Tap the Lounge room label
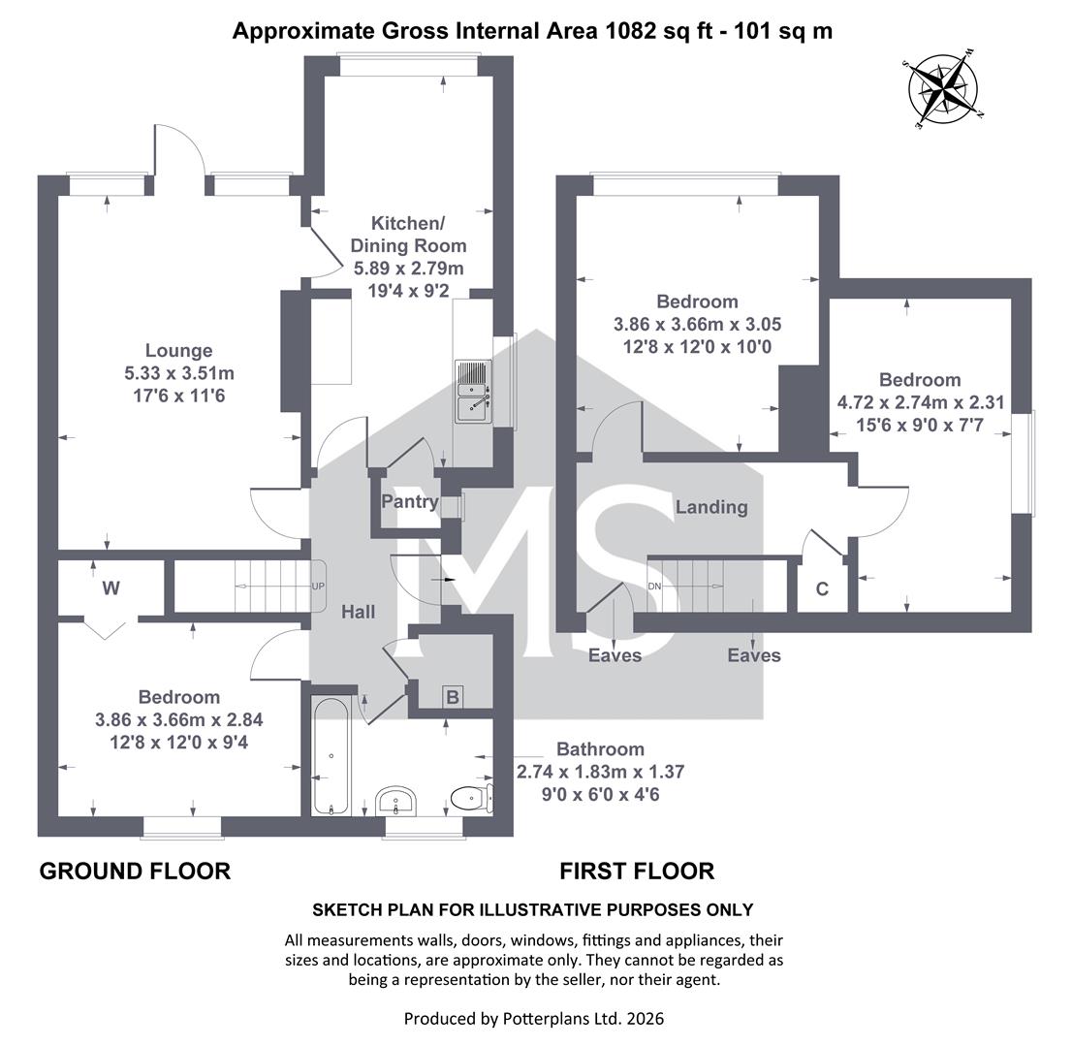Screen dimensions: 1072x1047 [179, 351]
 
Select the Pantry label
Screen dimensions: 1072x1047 [410, 501]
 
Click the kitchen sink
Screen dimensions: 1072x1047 [473, 391]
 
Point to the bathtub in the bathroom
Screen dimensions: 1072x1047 [331, 756]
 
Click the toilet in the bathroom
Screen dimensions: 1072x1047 [472, 798]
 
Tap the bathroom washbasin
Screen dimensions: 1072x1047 [395, 801]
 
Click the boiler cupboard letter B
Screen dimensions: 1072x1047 [453, 698]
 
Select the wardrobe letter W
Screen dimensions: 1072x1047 [110, 588]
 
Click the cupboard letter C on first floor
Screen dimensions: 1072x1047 [823, 588]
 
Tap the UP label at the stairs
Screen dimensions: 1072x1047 [318, 587]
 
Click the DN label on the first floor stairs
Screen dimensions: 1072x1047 [654, 587]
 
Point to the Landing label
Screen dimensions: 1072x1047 [711, 507]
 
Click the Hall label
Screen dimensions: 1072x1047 [359, 612]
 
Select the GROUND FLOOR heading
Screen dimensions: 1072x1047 [136, 872]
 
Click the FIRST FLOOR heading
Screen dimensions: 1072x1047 [637, 872]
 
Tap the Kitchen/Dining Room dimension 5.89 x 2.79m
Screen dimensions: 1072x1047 [409, 269]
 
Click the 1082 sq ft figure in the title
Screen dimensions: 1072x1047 [653, 31]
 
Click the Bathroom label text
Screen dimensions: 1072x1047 [600, 748]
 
